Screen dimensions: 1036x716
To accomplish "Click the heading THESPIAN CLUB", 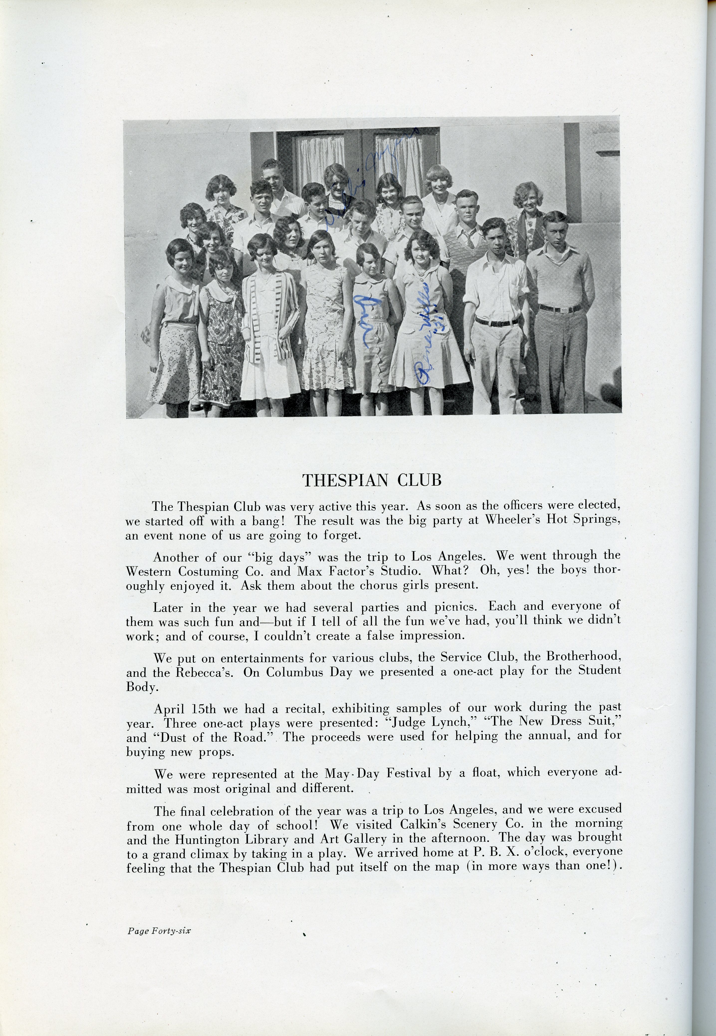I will (372, 480).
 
